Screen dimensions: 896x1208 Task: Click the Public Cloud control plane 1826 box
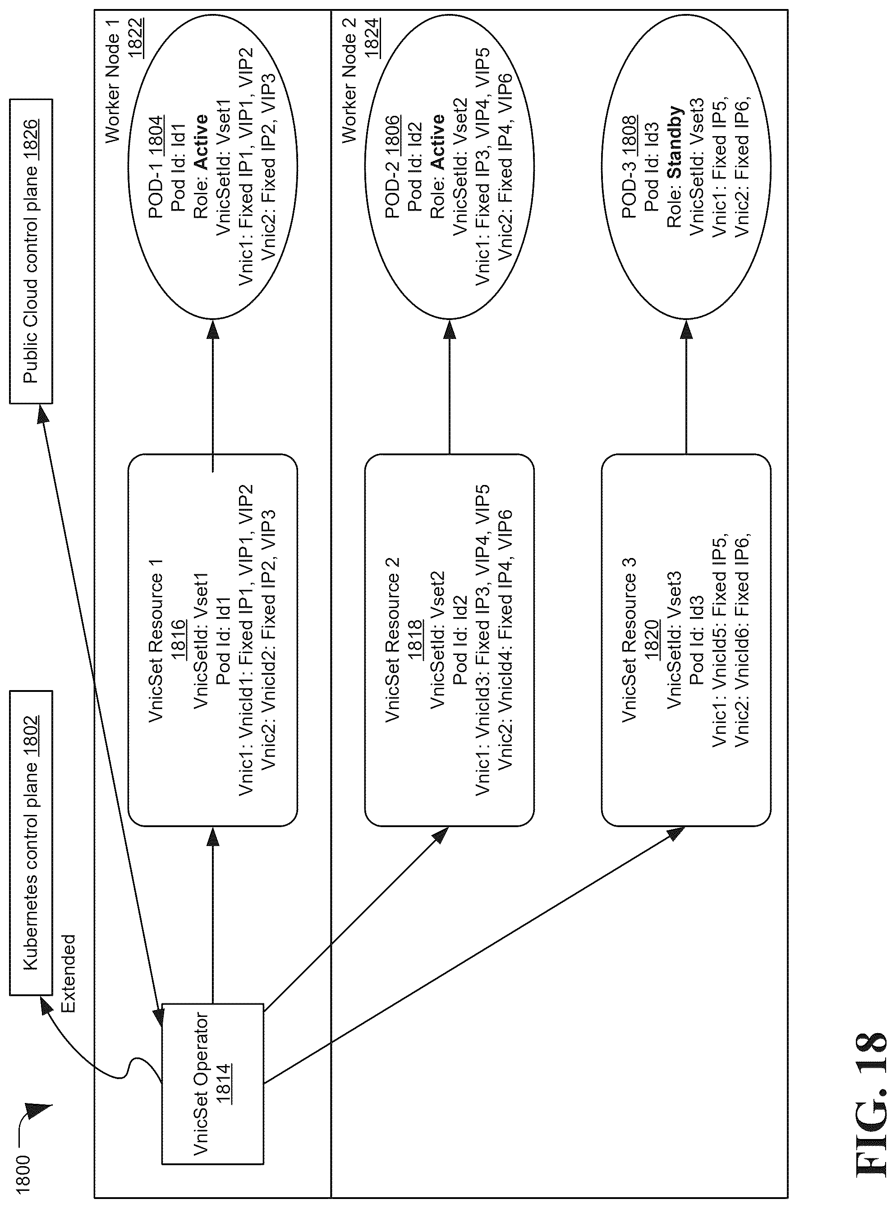[x=31, y=251]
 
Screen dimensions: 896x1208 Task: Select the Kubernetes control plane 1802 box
[x=31, y=842]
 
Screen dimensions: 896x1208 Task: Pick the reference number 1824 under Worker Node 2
[x=372, y=37]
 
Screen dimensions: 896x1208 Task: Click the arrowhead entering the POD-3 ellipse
[x=687, y=329]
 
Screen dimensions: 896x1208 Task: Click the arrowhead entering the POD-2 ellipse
[x=450, y=329]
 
